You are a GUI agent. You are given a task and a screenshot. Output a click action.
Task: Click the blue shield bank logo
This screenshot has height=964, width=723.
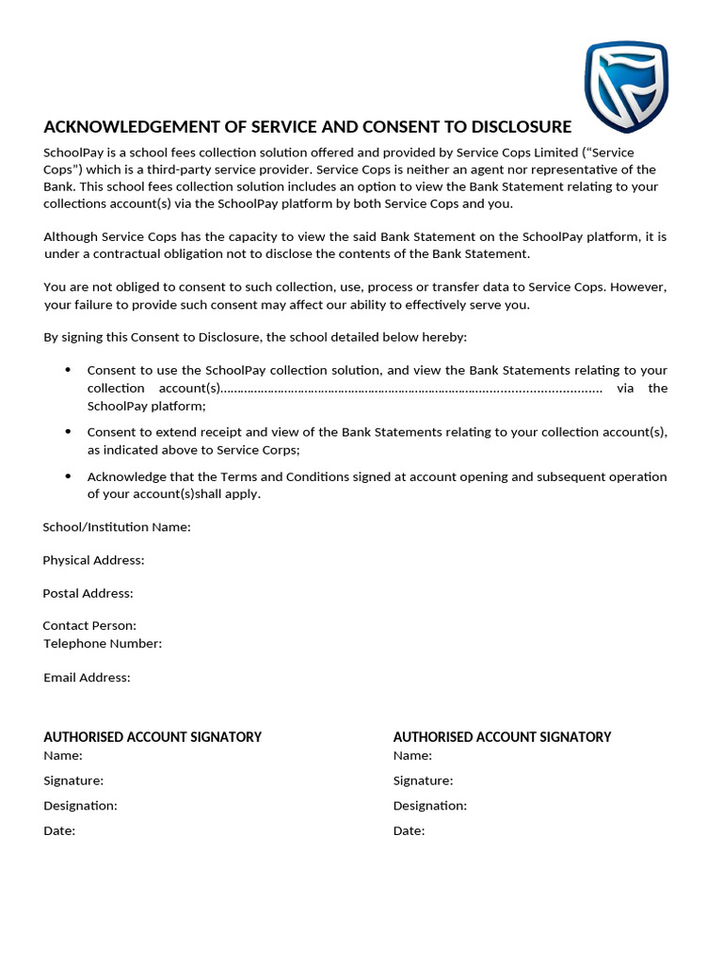tap(625, 87)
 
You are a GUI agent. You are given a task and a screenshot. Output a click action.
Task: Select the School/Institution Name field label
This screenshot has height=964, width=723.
tap(117, 527)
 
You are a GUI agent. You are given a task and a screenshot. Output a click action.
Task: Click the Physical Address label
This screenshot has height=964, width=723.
tap(93, 560)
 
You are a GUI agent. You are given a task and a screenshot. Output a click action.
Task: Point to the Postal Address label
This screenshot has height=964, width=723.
tap(88, 593)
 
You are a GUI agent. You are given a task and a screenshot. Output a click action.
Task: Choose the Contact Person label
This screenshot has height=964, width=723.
tap(89, 625)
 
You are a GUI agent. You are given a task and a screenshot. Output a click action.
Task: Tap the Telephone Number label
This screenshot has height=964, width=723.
tap(103, 644)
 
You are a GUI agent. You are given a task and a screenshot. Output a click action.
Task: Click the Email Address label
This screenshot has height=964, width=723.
tap(87, 677)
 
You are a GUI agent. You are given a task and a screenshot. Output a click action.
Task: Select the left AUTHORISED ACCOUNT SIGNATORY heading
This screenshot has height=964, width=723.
tap(153, 737)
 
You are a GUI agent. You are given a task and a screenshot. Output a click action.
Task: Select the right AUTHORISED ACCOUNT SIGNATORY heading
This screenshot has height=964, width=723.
tap(502, 737)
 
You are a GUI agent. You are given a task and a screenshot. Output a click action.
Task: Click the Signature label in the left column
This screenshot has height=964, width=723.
tap(73, 780)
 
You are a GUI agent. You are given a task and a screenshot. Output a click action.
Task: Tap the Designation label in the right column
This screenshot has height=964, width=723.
tap(429, 806)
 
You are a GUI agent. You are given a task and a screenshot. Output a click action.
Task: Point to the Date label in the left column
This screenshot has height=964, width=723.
tap(59, 831)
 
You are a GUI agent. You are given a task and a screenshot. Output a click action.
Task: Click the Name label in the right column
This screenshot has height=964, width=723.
tap(412, 755)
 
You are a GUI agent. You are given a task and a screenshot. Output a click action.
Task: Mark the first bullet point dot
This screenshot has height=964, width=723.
tap(68, 370)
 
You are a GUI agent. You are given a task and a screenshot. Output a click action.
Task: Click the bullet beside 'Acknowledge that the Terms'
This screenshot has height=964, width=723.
tap(68, 475)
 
